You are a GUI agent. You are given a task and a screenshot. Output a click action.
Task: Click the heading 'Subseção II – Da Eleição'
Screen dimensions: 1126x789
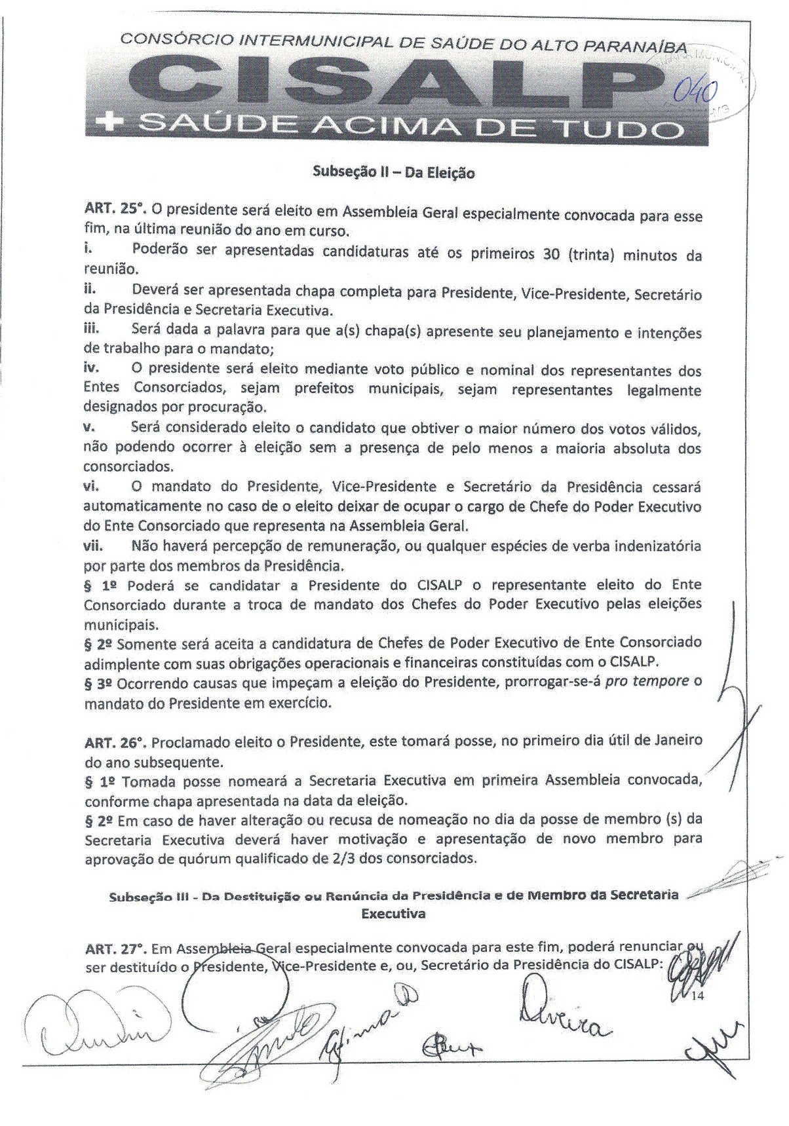[x=393, y=173]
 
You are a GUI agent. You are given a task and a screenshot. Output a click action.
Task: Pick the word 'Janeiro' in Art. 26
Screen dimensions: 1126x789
[x=678, y=740]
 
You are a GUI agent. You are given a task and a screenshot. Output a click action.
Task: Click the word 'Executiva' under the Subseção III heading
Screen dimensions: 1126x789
[x=393, y=913]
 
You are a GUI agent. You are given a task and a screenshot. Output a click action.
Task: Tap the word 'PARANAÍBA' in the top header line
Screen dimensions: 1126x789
[x=635, y=47]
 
